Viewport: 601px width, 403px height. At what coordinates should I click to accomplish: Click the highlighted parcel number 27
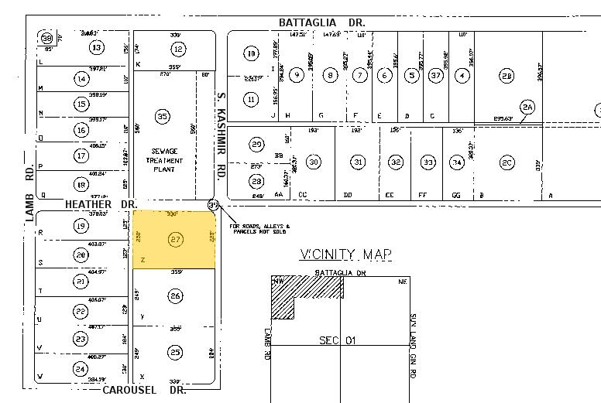tap(176, 240)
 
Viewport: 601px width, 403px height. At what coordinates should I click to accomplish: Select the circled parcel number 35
tap(162, 117)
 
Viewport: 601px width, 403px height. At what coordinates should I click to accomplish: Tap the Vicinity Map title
tap(345, 254)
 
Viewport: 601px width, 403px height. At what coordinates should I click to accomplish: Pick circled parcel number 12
tap(178, 50)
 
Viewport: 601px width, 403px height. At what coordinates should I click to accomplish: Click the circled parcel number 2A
tap(528, 107)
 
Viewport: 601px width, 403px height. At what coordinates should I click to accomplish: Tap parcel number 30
tap(313, 162)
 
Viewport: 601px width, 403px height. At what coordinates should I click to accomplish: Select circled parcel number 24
tap(80, 369)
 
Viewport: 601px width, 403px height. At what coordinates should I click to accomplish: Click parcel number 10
tap(251, 53)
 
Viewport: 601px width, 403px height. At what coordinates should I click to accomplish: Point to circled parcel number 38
tap(48, 38)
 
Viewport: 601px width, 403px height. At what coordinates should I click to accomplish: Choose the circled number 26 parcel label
tap(176, 296)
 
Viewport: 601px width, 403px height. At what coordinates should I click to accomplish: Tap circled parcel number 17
tap(81, 155)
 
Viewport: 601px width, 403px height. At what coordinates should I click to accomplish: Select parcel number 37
tap(438, 75)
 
